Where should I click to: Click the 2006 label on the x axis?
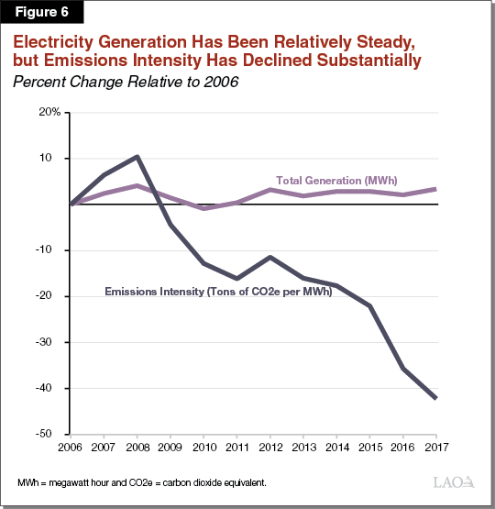click(x=71, y=448)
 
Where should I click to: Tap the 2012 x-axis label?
click(x=269, y=448)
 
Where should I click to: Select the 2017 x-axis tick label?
click(x=434, y=448)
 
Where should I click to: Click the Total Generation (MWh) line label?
click(x=336, y=180)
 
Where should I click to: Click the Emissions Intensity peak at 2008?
click(x=137, y=157)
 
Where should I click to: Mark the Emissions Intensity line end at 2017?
click(x=434, y=398)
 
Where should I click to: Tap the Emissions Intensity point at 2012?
click(x=269, y=258)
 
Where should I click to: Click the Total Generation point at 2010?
click(x=203, y=208)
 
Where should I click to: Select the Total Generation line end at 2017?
click(x=434, y=189)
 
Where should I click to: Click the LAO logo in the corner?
click(x=453, y=482)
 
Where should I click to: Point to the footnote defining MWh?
click(x=141, y=482)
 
